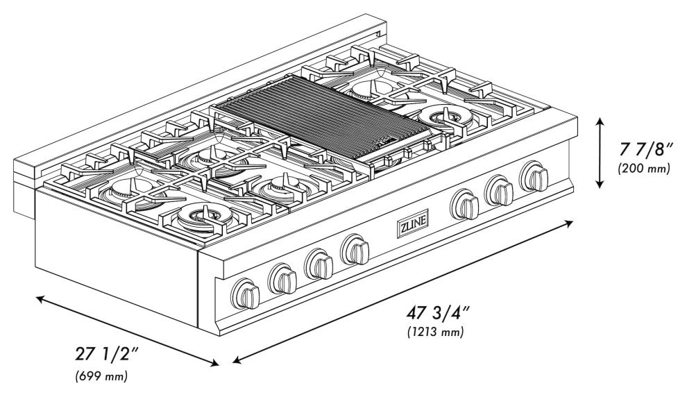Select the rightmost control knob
tap(534, 176)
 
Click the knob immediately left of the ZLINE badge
tap(357, 249)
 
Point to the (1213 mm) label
tap(435, 332)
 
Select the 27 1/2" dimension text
tap(107, 354)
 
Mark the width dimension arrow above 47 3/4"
tap(402, 292)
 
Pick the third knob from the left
tap(320, 264)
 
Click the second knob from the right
tap(499, 190)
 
